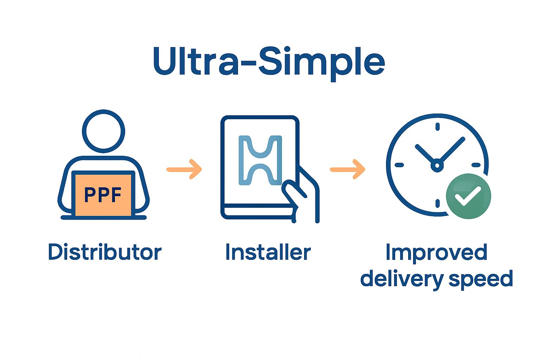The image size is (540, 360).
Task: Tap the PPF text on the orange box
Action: coord(103,194)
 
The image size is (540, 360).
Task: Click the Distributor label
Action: coord(104,252)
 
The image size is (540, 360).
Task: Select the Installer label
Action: coord(268,252)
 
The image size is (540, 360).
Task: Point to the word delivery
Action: coord(402,279)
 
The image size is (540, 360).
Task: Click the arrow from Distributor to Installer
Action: coord(184,169)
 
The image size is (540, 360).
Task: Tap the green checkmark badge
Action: coord(468,196)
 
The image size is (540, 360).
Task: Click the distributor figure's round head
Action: coord(103,131)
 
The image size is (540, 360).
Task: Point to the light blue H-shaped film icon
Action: coord(260,160)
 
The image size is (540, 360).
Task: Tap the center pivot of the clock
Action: coord(437,165)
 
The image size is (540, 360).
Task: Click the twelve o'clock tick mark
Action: coord(437,127)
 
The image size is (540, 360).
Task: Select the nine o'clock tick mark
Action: coord(399,165)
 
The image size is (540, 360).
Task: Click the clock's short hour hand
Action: coord(425,154)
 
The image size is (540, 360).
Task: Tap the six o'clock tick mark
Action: coord(437,203)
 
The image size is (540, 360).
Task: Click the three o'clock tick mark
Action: coord(476,165)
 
